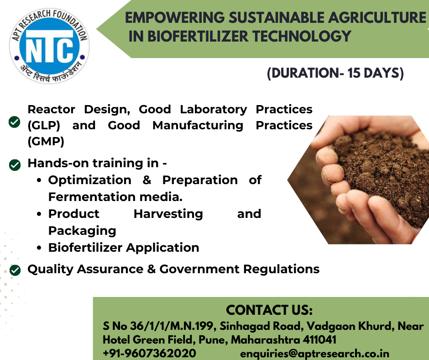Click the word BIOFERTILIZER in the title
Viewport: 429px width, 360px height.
coord(198,36)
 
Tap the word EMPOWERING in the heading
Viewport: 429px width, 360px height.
coord(174,17)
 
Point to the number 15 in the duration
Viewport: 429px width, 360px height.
coord(354,73)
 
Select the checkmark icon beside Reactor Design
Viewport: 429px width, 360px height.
coord(14,122)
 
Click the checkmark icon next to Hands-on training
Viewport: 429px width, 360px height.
coord(15,165)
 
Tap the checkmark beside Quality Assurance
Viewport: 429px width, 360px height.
coord(15,270)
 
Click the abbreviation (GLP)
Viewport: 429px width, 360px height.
coord(44,126)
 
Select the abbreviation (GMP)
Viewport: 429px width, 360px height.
coord(46,142)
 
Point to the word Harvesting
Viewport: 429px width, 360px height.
coord(168,214)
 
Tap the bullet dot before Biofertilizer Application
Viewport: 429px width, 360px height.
coord(39,248)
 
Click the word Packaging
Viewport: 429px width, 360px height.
coord(82,231)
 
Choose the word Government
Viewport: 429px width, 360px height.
coord(199,269)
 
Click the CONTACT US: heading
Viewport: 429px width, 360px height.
coord(269,310)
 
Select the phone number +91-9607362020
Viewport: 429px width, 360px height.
coord(149,353)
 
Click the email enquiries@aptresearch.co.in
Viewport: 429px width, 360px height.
coord(314,354)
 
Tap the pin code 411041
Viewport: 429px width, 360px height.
coord(319,340)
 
